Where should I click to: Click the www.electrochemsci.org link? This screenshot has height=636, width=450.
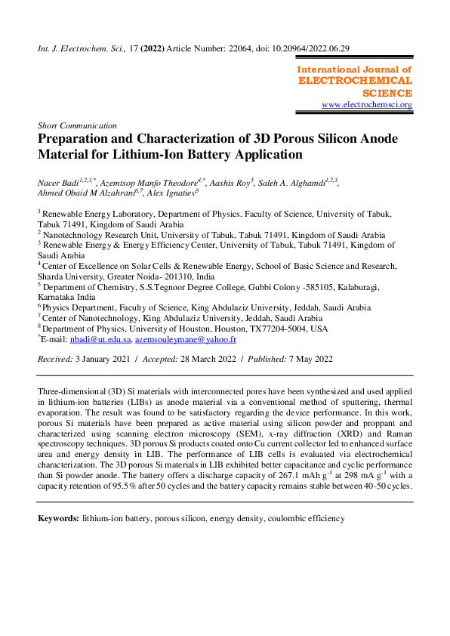tap(367, 104)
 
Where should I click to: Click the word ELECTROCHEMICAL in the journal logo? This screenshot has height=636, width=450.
tap(356, 80)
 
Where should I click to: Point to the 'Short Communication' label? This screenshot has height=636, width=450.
tap(77, 125)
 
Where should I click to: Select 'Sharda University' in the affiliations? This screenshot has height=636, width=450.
tap(75, 276)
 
